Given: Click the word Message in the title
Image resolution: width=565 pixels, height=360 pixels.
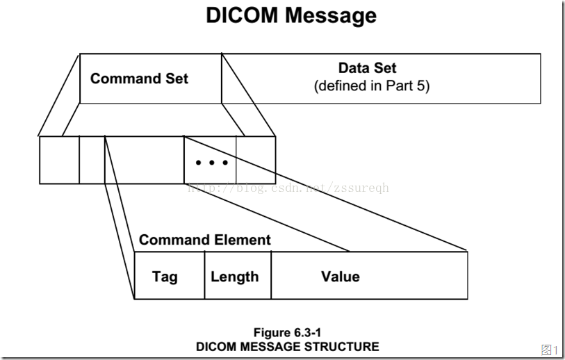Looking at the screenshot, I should pos(332,15).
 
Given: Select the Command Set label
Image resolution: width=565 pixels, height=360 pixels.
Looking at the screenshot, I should pos(139,79).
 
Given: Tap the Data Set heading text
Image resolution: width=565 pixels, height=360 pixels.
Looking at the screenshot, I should pos(367,68).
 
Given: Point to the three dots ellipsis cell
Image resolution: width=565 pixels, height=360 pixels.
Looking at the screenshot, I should pos(211,163).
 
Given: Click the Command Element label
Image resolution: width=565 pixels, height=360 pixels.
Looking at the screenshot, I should pos(204,240).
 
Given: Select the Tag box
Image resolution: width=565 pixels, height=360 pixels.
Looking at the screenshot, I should pos(165,277).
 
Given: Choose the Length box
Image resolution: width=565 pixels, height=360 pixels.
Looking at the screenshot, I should pos(234,277).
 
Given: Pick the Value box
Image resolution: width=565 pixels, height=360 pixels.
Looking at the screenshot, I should pos(341,277).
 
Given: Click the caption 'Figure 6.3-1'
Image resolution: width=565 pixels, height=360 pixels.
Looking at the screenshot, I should pos(287,333).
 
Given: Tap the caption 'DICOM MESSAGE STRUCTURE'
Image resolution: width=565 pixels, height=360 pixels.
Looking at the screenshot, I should pos(287,346).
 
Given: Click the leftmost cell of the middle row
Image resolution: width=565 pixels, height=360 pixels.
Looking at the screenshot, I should pos(59,160).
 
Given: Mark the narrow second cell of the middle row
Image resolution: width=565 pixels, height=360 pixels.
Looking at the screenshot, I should pos(92,160).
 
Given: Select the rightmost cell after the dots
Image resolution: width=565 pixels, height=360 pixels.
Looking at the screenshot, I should pos(256,160).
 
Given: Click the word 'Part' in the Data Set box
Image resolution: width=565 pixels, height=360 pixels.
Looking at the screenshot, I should pos(397,86).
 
